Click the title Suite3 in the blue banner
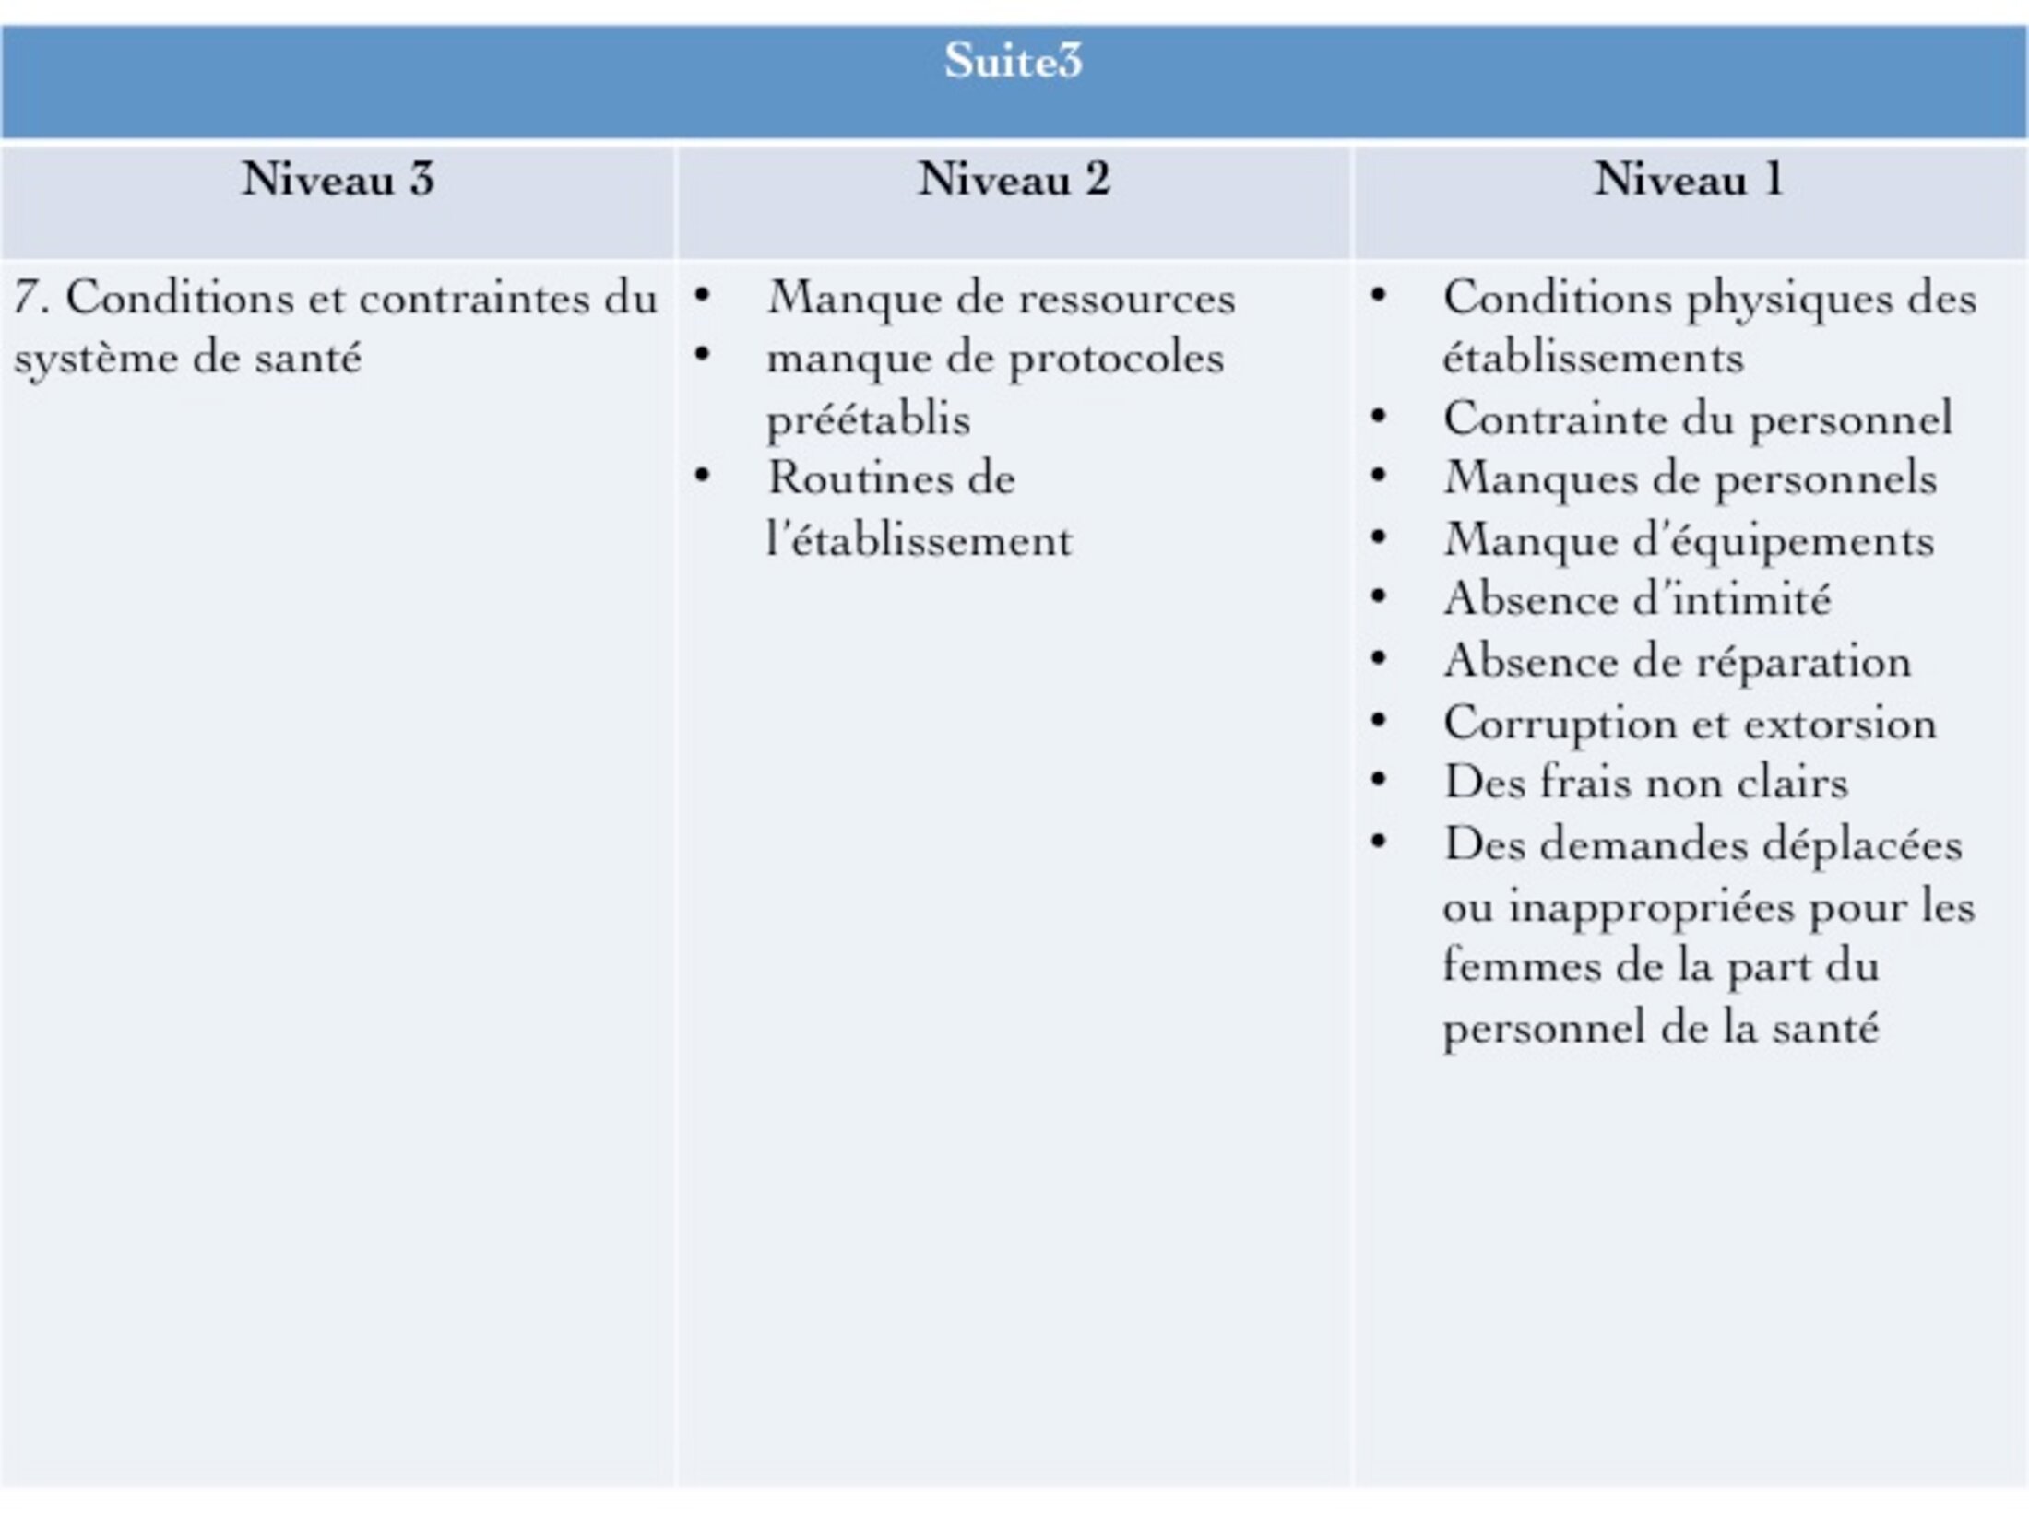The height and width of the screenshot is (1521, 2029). pos(1013,61)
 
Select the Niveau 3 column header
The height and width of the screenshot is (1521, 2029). pos(338,179)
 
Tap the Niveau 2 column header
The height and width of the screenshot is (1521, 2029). pos(1014,179)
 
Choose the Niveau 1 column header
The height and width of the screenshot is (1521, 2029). pos(1689,179)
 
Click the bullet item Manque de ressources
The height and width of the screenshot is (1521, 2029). pos(1001,299)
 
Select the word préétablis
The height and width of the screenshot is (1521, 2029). pos(868,420)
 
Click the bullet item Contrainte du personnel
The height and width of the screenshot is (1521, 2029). pos(1697,419)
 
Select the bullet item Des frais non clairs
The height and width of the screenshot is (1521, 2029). pos(1645,783)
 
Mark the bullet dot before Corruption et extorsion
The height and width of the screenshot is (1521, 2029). pos(1378,719)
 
